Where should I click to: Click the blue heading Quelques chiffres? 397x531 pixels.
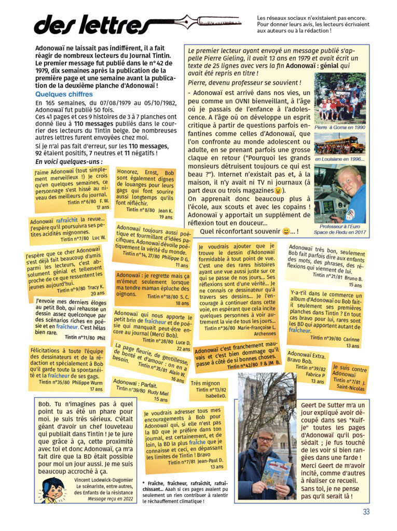[64, 94]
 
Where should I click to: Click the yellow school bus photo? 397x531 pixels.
[339, 144]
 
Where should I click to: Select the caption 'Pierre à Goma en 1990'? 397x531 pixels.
[339, 127]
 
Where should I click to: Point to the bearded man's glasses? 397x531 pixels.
[266, 438]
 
